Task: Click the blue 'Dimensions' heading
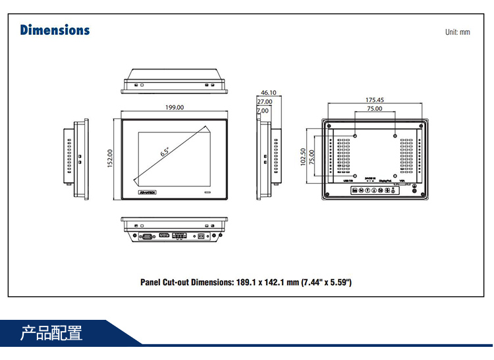click(x=55, y=30)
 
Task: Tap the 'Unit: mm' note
click(x=457, y=32)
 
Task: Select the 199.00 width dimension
click(x=175, y=107)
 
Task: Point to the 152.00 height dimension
click(x=111, y=158)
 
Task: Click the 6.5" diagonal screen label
click(x=165, y=151)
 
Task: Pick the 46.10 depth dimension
click(x=268, y=93)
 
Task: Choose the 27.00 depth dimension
click(x=264, y=102)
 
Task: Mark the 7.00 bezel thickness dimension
click(x=263, y=111)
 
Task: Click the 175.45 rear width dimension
click(x=375, y=100)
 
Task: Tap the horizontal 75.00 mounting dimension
click(x=375, y=109)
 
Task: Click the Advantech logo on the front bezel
click(x=150, y=193)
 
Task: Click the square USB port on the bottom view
click(x=202, y=235)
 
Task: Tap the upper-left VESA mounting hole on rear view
click(x=355, y=136)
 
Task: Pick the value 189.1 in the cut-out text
click(x=246, y=282)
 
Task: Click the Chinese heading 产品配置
click(x=51, y=333)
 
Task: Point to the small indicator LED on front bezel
click(x=207, y=193)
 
